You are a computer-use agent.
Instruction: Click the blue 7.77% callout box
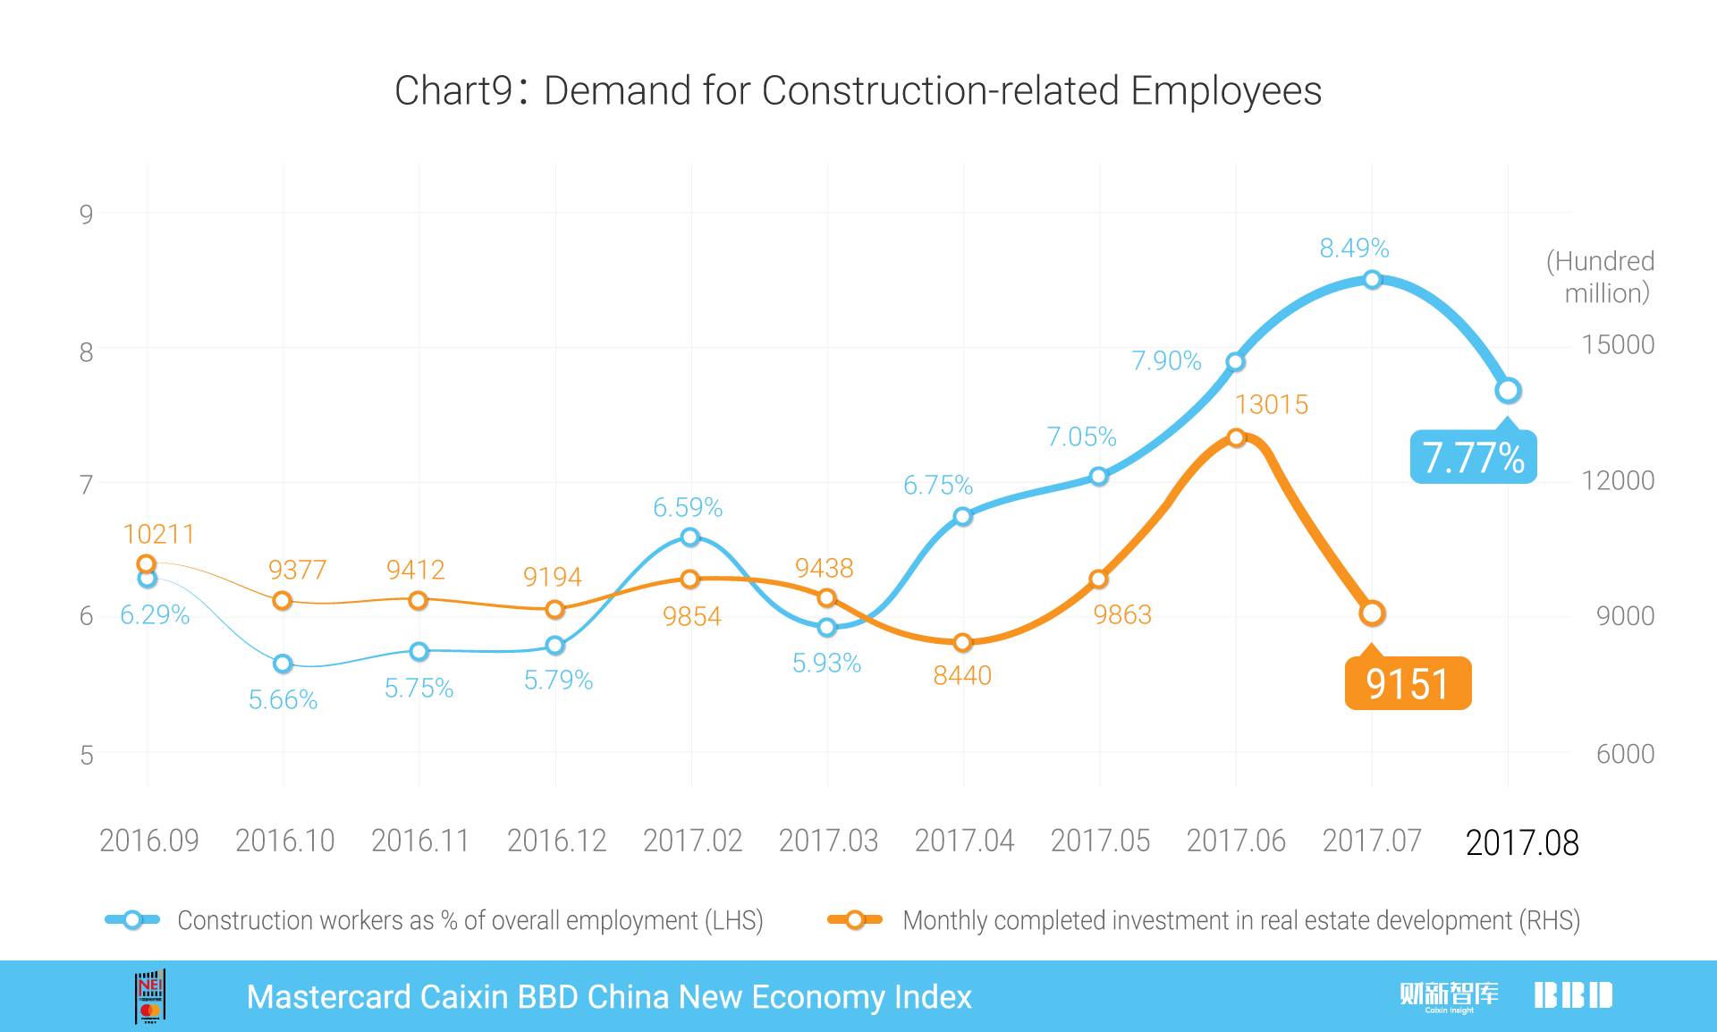[x=1473, y=457]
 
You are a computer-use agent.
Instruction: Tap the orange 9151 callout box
[x=1408, y=684]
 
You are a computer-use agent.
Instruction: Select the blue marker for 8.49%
[x=1373, y=280]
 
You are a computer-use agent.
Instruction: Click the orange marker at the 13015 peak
[x=1236, y=437]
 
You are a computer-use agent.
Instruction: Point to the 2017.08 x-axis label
[x=1522, y=842]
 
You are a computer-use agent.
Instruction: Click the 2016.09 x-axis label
[x=148, y=841]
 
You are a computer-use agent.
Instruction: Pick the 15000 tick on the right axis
[x=1618, y=344]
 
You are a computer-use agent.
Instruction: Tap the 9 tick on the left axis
[x=86, y=214]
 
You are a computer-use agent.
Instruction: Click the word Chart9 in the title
[x=453, y=91]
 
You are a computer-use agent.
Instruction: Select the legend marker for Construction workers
[x=132, y=919]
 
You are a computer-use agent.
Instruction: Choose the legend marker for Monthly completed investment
[x=855, y=919]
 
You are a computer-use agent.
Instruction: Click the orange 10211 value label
[x=158, y=534]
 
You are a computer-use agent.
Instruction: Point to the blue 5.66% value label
[x=283, y=699]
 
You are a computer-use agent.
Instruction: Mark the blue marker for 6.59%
[x=689, y=537]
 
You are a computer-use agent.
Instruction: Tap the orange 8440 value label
[x=962, y=675]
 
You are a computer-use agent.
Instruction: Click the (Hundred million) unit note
[x=1601, y=276]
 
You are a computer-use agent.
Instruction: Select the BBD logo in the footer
[x=1573, y=995]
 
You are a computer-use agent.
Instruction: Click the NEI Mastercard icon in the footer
[x=150, y=996]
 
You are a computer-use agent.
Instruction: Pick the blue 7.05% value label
[x=1081, y=436]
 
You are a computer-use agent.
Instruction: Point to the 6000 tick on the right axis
[x=1625, y=754]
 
